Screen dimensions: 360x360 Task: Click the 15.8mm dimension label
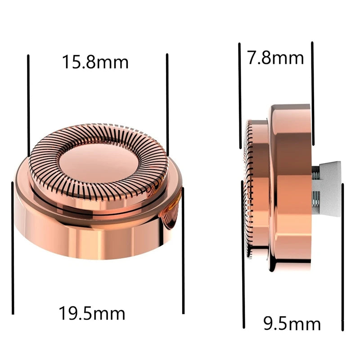[x=95, y=62]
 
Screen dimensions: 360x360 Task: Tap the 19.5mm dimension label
[x=92, y=313]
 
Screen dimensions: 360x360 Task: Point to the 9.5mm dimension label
[x=292, y=324]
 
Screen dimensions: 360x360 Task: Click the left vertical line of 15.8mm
[x=28, y=106]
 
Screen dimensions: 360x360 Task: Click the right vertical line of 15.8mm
[x=167, y=104]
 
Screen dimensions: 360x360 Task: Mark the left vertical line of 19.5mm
[x=13, y=248]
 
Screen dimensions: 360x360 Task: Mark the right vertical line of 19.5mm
[x=183, y=251]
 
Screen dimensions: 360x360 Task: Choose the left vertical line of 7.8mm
[x=240, y=96]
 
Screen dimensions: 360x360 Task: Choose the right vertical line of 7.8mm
[x=313, y=93]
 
